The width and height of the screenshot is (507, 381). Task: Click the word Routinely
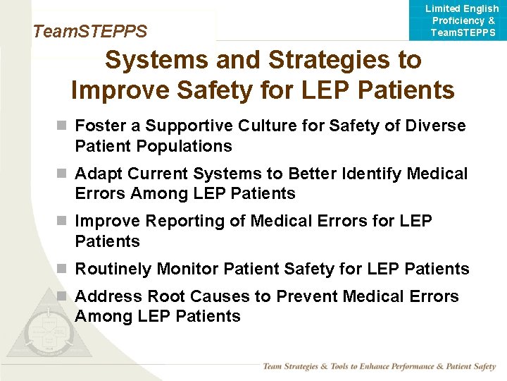pos(113,269)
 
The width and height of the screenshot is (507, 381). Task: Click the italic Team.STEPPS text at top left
pos(90,32)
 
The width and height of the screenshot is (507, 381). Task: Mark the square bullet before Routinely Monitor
pos(63,269)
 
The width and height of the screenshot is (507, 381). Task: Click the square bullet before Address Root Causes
pos(63,296)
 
